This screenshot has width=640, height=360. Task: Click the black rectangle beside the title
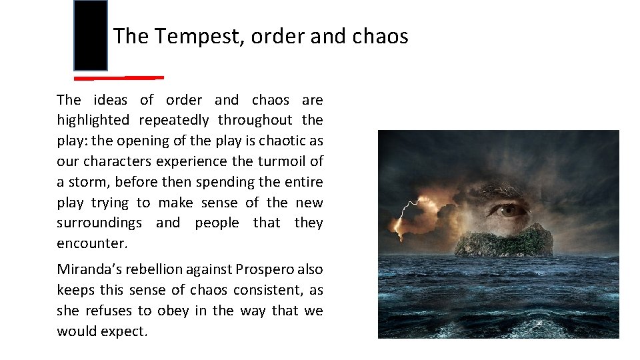tap(91, 36)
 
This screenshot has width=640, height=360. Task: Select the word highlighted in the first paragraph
tap(93, 121)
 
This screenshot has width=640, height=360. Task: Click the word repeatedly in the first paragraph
tap(175, 121)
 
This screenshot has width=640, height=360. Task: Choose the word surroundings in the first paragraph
tap(99, 223)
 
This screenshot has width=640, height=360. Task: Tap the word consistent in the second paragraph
tap(263, 291)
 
